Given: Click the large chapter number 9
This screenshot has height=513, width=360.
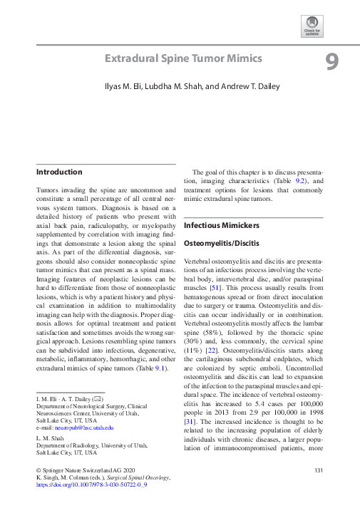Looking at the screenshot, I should point(331,63).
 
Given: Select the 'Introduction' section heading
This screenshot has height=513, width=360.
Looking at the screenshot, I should point(59,172).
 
